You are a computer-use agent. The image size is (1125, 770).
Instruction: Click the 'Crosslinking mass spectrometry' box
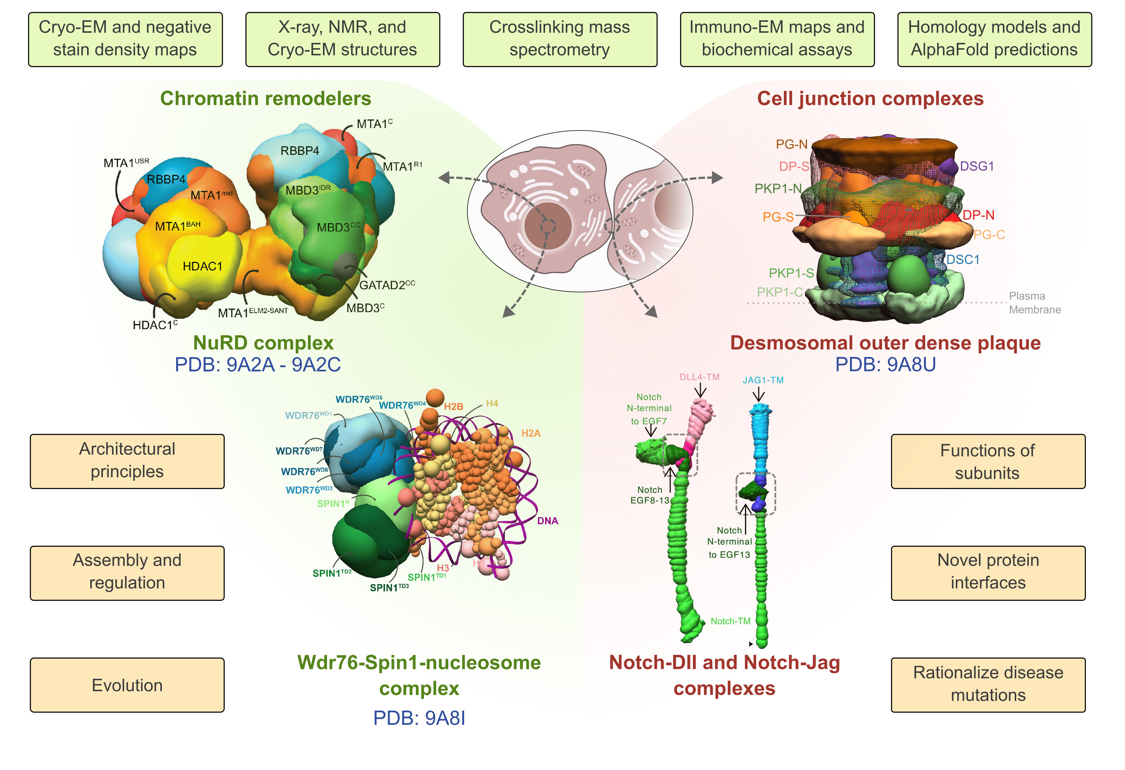(x=560, y=39)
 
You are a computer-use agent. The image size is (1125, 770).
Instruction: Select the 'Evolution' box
(x=127, y=685)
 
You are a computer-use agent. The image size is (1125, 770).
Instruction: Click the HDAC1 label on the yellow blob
(x=202, y=266)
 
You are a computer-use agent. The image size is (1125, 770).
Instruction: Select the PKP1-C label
(x=779, y=292)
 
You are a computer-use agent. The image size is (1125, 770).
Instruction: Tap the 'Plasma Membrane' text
(x=1034, y=302)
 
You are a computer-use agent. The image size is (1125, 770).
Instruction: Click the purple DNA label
(x=547, y=521)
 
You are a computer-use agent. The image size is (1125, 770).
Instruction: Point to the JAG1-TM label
(x=763, y=380)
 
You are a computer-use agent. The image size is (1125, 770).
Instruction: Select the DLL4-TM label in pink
(x=699, y=377)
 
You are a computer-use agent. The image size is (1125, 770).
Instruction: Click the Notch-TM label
(x=730, y=621)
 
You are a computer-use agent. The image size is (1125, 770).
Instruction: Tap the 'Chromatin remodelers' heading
(x=265, y=98)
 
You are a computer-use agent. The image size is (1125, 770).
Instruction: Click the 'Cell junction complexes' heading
(x=870, y=98)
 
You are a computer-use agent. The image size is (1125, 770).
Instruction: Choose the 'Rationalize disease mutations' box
(x=988, y=684)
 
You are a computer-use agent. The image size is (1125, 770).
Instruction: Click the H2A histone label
(x=530, y=433)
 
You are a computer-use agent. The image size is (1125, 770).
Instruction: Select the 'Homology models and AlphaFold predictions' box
(x=994, y=39)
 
